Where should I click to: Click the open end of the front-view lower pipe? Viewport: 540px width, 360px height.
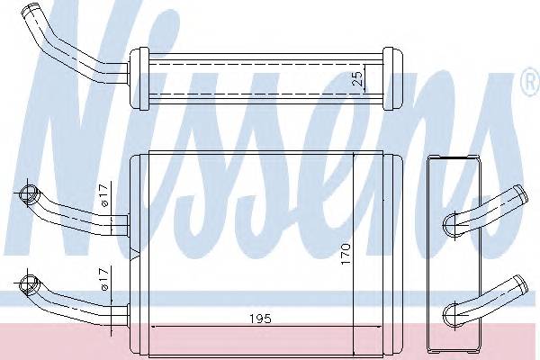coord(28,288)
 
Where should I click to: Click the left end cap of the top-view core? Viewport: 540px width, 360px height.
coord(136,78)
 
